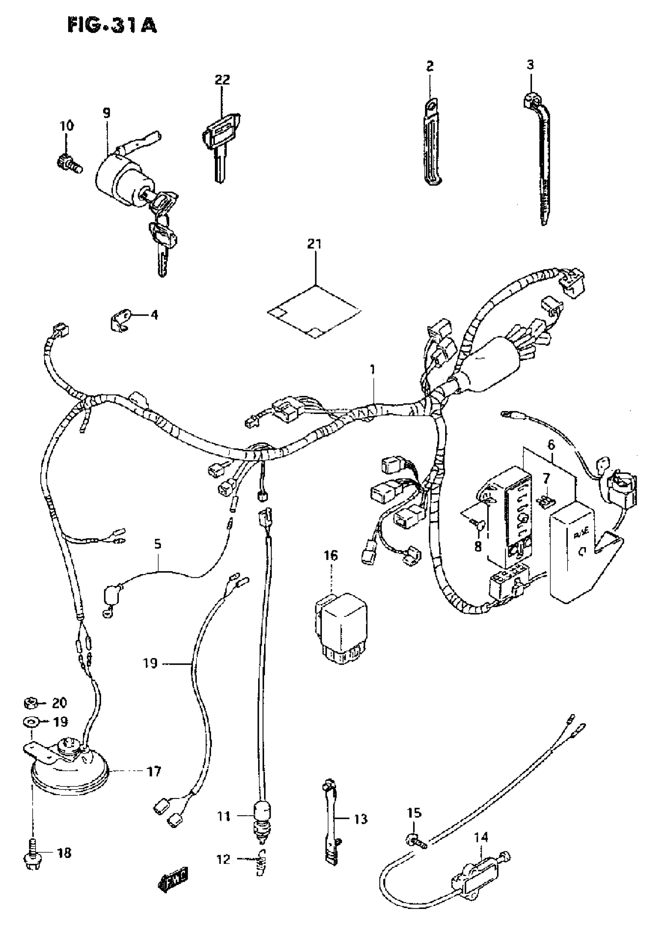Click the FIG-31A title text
tap(111, 26)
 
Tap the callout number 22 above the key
tap(222, 79)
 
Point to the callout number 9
tap(107, 113)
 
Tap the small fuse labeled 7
tap(544, 501)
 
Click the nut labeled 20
tap(30, 704)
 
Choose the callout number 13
tap(361, 819)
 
